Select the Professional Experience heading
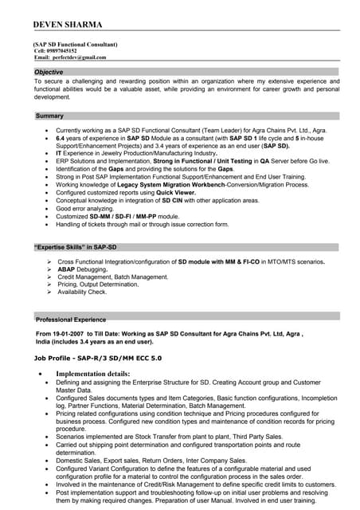tap(71, 319)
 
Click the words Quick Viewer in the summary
tap(174, 192)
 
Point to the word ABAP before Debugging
tap(68, 269)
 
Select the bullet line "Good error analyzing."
tap(87, 208)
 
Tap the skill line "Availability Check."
tap(84, 292)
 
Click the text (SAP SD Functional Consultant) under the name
tap(76, 45)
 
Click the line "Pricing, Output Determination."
tap(98, 284)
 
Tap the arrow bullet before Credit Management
tap(49, 277)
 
